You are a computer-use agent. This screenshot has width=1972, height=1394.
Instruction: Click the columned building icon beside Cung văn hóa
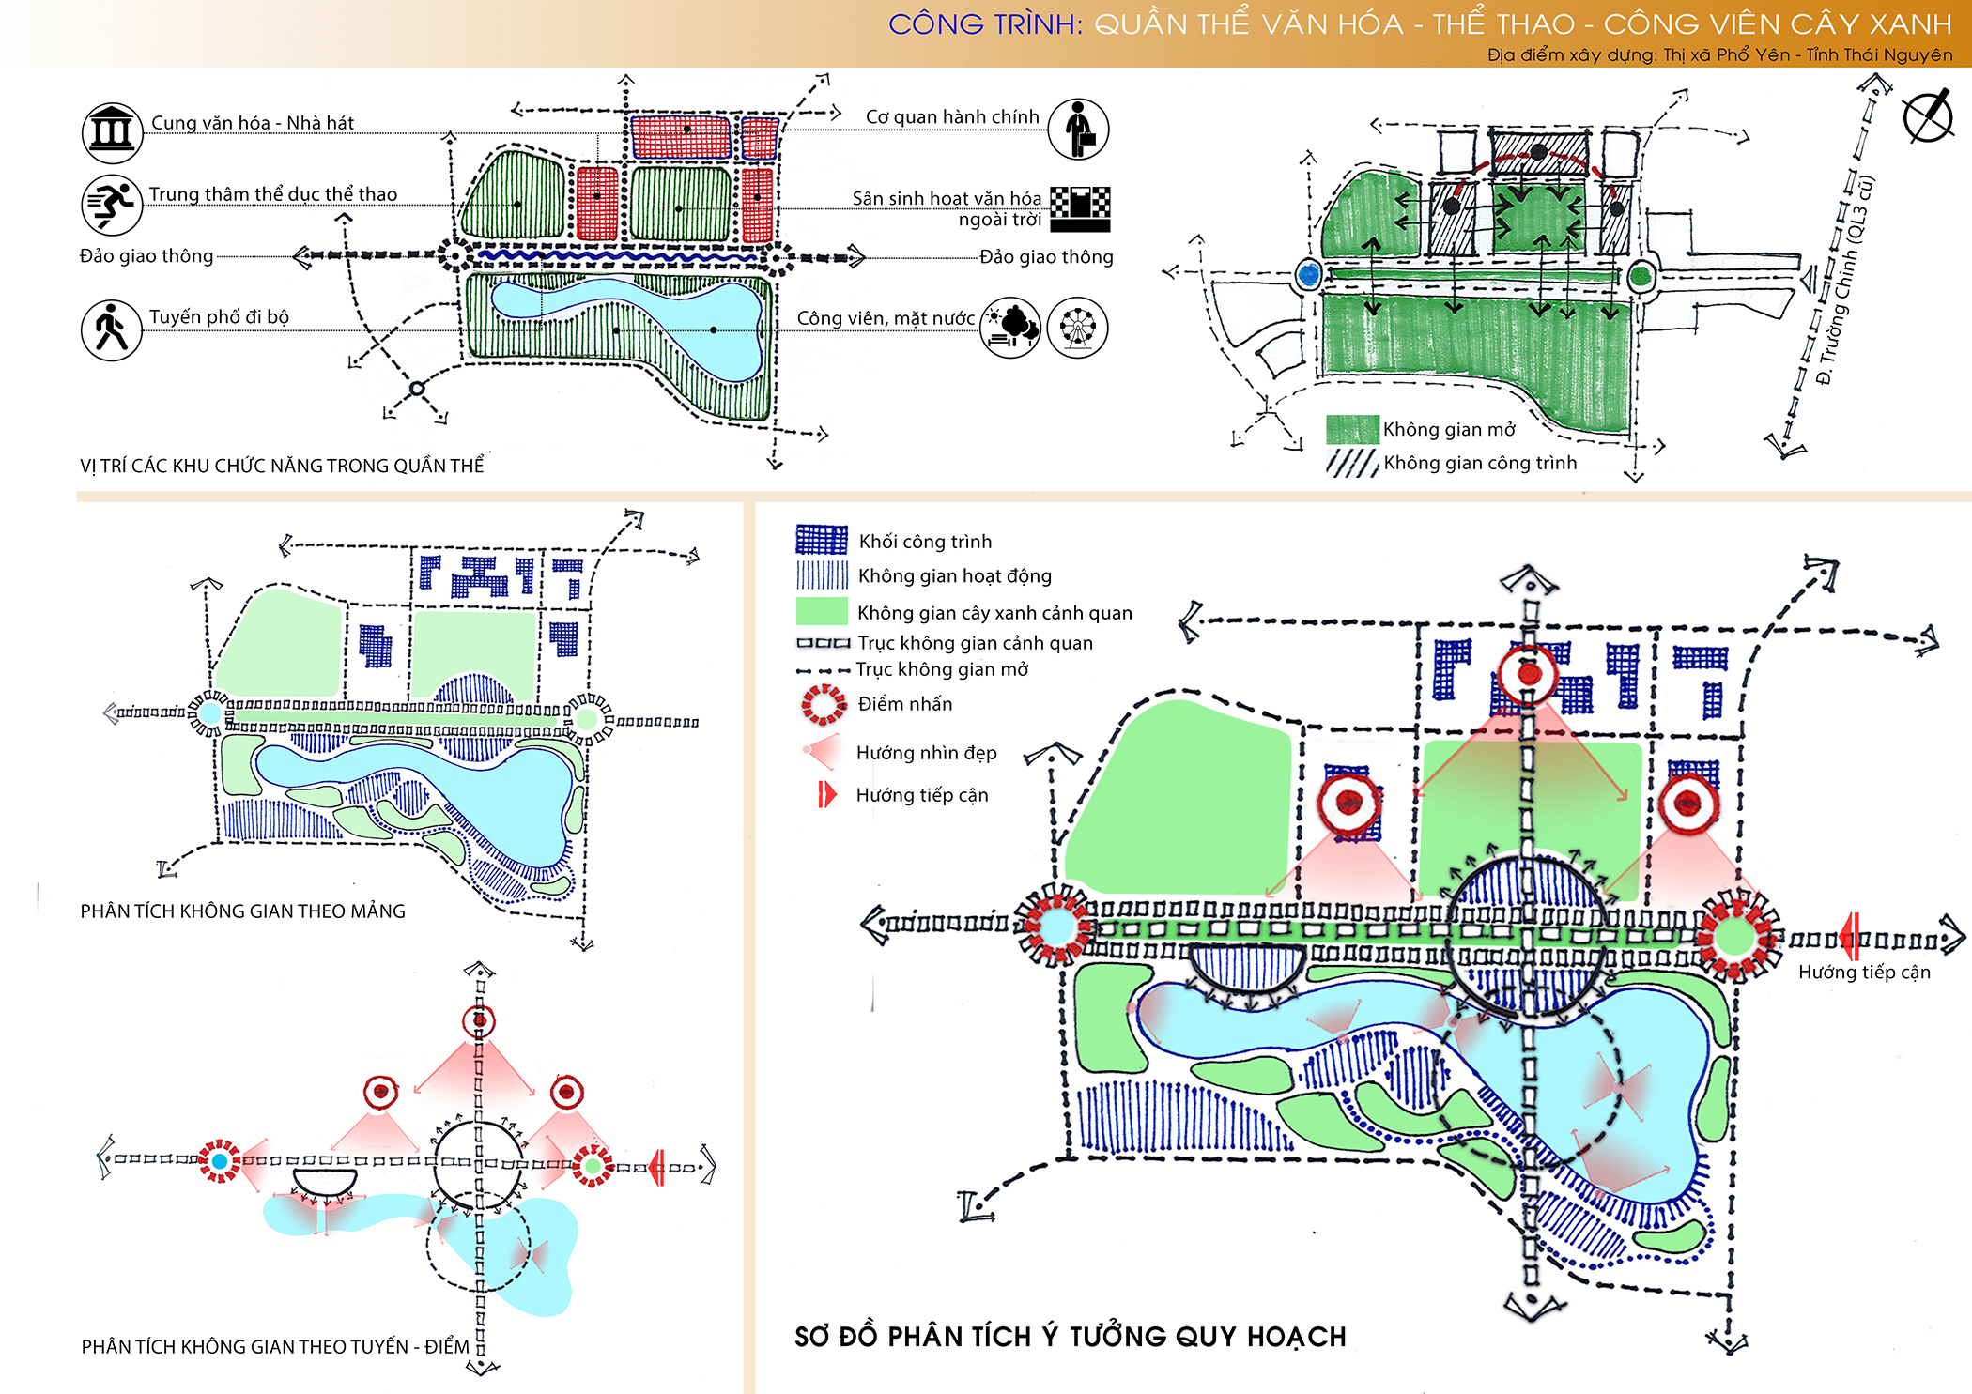[x=112, y=132]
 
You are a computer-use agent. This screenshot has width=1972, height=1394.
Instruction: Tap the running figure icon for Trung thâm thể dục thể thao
[x=112, y=204]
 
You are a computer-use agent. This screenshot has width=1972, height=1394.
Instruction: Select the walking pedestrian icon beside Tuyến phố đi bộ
[x=112, y=329]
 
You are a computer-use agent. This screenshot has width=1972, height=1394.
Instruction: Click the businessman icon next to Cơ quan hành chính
[x=1078, y=129]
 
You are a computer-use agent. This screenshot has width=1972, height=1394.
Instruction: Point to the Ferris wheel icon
[x=1078, y=328]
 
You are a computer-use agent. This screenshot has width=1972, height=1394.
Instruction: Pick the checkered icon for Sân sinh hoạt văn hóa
[x=1080, y=208]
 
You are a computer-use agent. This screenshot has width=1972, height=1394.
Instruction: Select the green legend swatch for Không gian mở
[x=1352, y=429]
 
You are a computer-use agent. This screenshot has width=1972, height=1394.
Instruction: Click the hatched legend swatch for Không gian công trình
[x=1352, y=463]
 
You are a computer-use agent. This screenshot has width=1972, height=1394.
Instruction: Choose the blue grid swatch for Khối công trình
[x=822, y=540]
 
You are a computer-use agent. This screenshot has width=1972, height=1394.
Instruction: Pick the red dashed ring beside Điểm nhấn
[x=824, y=704]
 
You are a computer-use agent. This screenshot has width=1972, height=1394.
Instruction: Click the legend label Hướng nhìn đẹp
[x=926, y=753]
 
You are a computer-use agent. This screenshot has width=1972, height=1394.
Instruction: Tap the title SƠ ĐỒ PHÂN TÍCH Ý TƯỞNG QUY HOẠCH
[x=1071, y=1336]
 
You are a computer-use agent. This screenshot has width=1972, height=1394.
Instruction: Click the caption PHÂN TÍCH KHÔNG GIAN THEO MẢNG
[x=242, y=911]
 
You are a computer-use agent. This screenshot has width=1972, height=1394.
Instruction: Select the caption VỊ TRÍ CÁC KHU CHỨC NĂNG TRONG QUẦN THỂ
[x=282, y=466]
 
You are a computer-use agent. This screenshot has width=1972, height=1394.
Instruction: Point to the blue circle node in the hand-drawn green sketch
[x=1308, y=275]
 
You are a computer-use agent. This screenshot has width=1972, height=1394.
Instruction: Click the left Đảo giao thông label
[x=146, y=256]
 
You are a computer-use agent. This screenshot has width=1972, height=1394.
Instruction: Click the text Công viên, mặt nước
[x=886, y=319]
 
